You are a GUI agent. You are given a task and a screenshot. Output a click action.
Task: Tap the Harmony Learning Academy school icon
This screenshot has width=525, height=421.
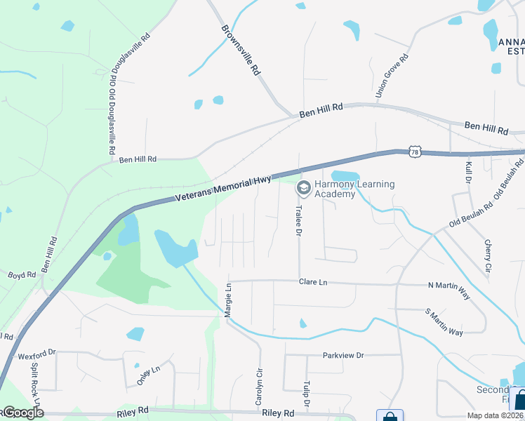pos(303,187)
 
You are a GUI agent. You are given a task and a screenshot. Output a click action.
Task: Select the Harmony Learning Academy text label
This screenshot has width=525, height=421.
pos(354,189)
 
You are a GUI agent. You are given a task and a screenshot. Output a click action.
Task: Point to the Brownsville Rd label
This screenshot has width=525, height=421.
pos(241,51)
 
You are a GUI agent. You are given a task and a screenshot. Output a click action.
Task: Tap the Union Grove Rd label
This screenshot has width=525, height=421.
pos(392,76)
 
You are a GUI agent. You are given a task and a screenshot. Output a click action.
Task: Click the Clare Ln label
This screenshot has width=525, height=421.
pos(313,281)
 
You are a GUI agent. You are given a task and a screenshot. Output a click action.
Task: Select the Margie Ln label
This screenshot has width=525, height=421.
pos(227,300)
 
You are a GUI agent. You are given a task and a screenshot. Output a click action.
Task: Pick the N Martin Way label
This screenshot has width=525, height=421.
pos(448,286)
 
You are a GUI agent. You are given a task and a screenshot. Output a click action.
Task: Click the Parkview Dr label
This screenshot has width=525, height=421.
pos(343,355)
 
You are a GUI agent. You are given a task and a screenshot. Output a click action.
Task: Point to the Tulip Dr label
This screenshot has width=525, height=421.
pos(306,394)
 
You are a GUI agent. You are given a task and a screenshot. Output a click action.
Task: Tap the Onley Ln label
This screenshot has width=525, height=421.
pos(148,375)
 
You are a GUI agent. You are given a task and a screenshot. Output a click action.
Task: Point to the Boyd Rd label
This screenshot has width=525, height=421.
pos(22,276)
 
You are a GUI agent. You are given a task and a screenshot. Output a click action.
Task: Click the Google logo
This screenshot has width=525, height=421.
pos(22,413)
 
